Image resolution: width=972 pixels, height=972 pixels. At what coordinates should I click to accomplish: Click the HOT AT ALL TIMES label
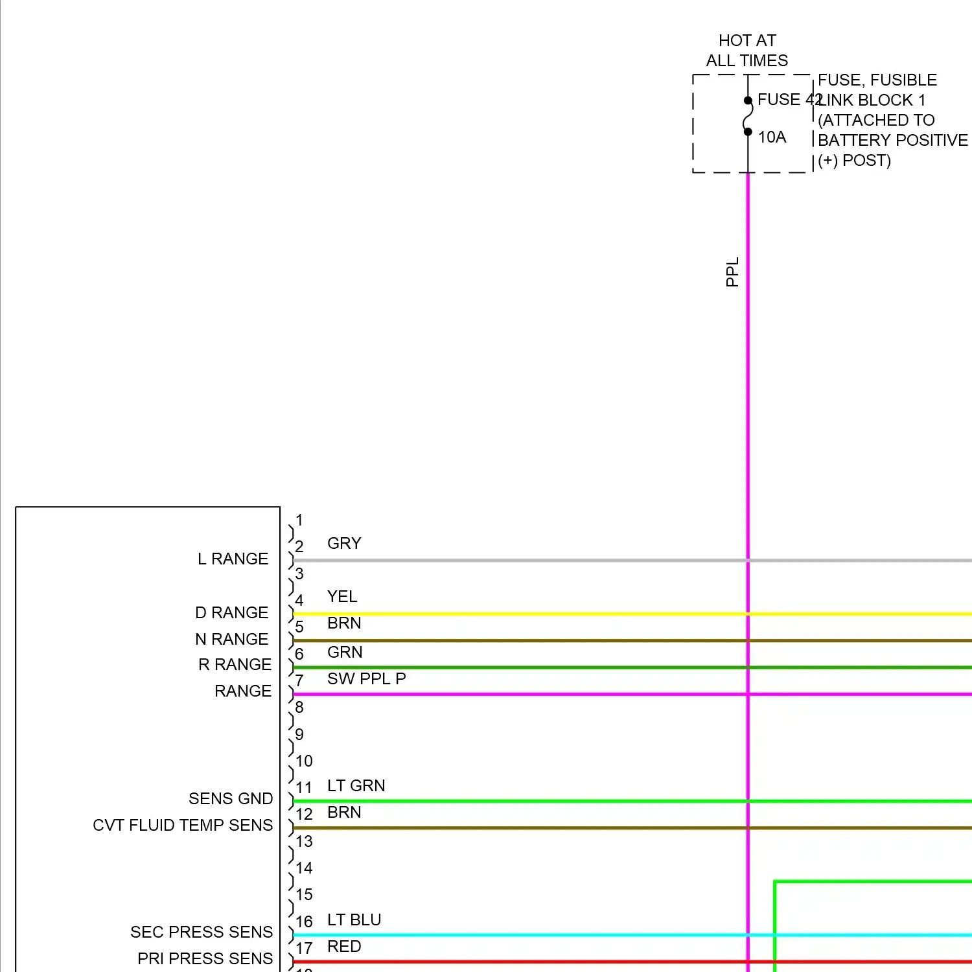(x=747, y=51)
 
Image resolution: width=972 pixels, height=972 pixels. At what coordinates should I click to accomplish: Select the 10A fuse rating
(x=772, y=137)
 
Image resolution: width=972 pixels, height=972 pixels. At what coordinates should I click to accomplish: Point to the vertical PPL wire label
(x=732, y=272)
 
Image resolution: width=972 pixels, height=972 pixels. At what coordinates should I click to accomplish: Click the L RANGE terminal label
(x=233, y=559)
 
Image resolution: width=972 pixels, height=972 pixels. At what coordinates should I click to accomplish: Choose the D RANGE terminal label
(x=231, y=612)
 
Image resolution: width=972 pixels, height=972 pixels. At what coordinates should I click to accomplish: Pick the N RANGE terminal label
(x=231, y=639)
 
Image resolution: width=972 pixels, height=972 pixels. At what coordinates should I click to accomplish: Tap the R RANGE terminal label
(x=235, y=664)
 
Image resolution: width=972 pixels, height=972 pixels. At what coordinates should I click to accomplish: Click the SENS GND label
(x=231, y=798)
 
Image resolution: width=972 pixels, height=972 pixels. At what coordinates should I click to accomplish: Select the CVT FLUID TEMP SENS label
(x=183, y=825)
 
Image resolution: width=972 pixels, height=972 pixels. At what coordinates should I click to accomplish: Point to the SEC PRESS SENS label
(x=202, y=932)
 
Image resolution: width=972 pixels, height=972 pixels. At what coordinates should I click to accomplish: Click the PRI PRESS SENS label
(x=205, y=958)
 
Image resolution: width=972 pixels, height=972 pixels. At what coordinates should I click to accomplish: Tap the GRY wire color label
(x=344, y=543)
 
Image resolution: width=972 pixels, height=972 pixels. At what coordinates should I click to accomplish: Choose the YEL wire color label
(x=342, y=596)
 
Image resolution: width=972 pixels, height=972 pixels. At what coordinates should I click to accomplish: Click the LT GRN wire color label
(x=356, y=785)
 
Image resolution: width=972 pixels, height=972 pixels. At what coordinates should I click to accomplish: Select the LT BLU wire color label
(x=354, y=920)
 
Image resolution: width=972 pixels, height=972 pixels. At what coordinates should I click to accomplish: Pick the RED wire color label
(x=344, y=946)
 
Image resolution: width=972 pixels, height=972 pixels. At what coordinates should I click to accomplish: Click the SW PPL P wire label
(x=366, y=678)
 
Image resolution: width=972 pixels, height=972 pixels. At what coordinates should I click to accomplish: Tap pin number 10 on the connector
(x=304, y=761)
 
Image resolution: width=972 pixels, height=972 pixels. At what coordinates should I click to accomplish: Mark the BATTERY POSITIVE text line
(x=892, y=140)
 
